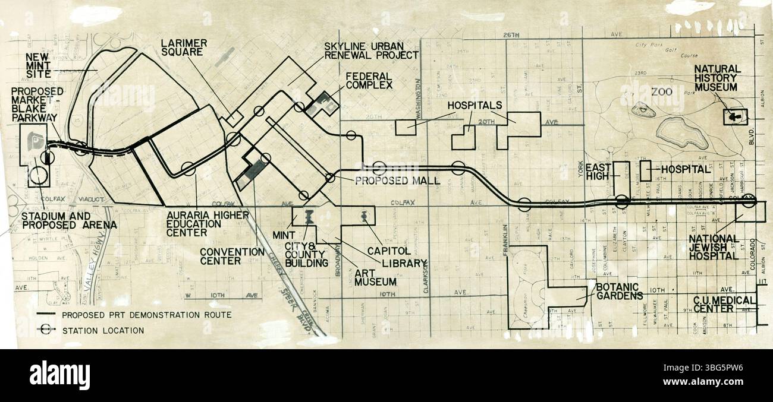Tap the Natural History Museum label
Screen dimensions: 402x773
tap(717, 78)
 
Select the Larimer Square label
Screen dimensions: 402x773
tap(182, 47)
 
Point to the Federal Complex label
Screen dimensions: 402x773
tap(369, 80)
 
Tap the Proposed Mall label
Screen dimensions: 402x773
tap(397, 180)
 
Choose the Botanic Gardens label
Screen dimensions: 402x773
tap(618, 292)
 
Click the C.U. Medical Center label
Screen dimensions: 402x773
tap(723, 304)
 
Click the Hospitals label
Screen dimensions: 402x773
tap(475, 105)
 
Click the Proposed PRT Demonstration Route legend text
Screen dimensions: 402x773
tap(146, 315)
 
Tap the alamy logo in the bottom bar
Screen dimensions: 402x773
tap(59, 376)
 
